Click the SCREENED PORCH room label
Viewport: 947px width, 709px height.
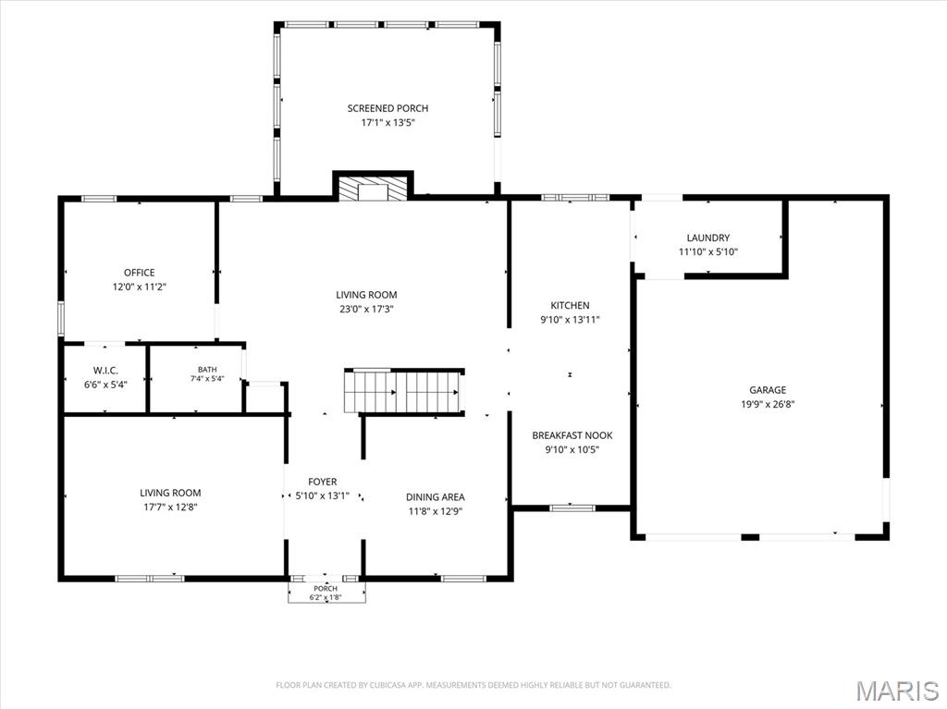click(387, 108)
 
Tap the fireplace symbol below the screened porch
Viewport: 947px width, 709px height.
click(374, 189)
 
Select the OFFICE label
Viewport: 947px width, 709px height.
click(140, 273)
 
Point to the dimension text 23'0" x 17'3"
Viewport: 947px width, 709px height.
click(366, 310)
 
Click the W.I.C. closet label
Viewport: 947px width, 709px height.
click(105, 370)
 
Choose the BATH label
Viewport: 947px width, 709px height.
click(207, 369)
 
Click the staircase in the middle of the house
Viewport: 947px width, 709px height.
click(404, 391)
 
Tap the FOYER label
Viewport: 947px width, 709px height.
click(323, 482)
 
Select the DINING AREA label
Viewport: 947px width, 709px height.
click(436, 497)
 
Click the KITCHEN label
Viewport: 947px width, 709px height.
click(570, 305)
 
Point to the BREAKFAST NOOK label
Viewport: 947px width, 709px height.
click(572, 434)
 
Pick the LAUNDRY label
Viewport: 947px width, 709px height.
click(708, 238)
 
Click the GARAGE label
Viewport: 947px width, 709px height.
click(769, 390)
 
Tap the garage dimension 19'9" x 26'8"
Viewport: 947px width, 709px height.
click(769, 404)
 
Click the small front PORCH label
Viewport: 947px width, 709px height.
click(326, 588)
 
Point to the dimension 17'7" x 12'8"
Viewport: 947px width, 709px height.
click(170, 507)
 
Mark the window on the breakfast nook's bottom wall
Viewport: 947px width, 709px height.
click(572, 507)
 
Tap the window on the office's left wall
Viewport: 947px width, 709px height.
click(61, 318)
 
